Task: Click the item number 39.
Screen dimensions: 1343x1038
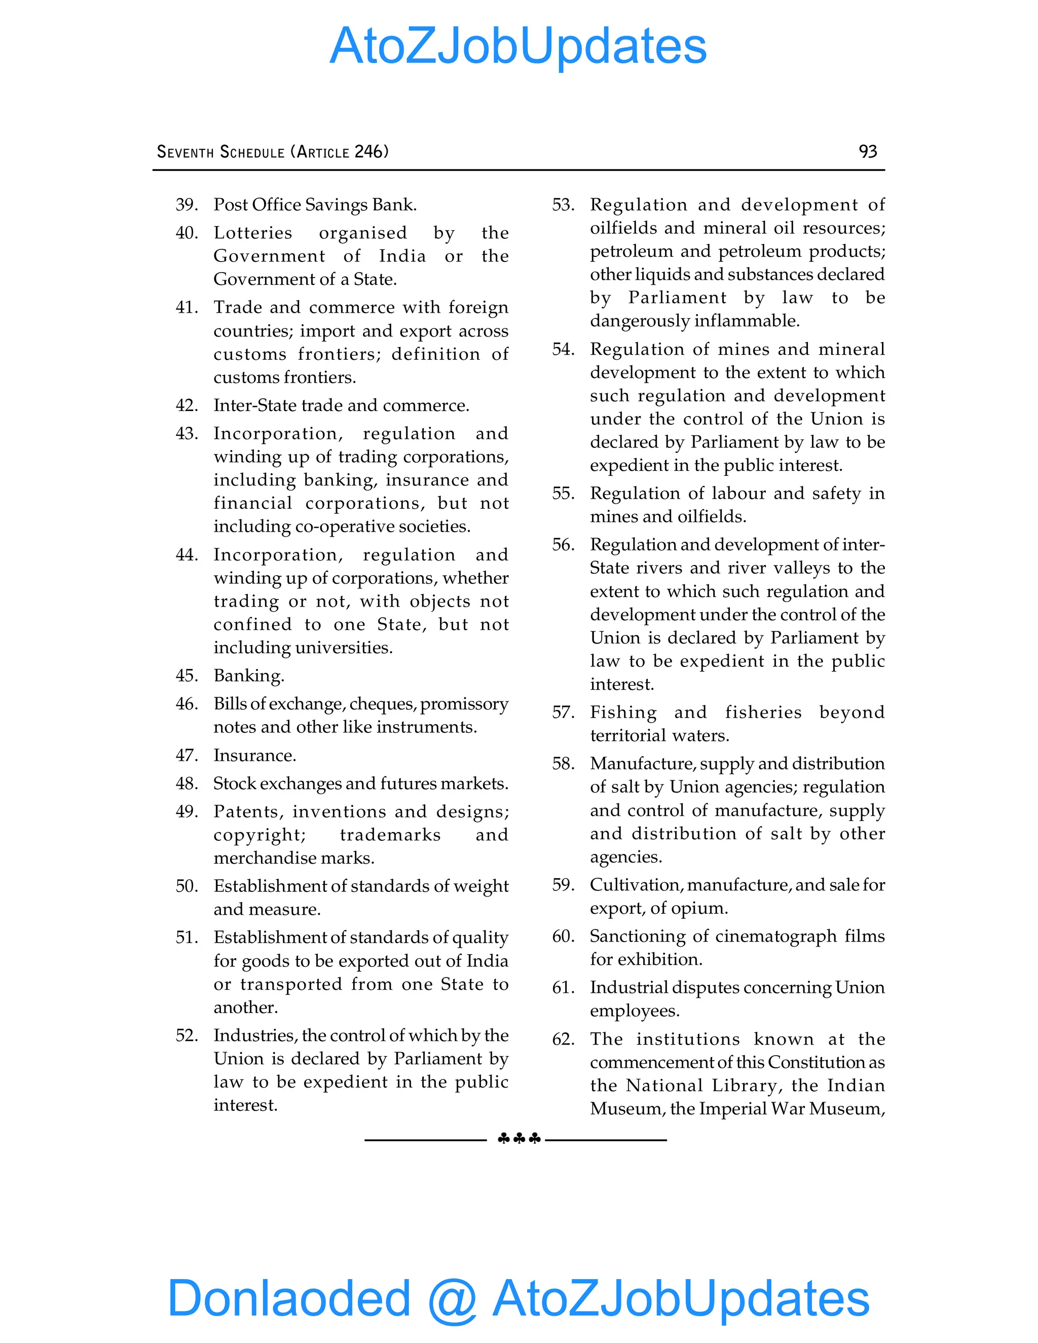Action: click(x=187, y=205)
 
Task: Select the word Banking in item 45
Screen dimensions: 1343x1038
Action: click(x=248, y=676)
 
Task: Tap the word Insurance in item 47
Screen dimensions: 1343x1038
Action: click(x=254, y=755)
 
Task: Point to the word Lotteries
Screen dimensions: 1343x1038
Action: click(x=253, y=233)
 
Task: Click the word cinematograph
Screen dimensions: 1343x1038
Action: click(x=776, y=936)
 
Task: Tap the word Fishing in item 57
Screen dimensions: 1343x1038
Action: click(x=623, y=712)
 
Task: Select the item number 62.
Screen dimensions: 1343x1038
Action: click(x=563, y=1039)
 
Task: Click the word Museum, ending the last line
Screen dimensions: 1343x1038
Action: click(x=847, y=1109)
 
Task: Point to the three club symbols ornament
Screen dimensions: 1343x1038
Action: click(x=518, y=1139)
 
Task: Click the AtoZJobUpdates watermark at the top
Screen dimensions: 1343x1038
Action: click(x=518, y=46)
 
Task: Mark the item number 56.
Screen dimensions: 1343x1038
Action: click(x=563, y=545)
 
